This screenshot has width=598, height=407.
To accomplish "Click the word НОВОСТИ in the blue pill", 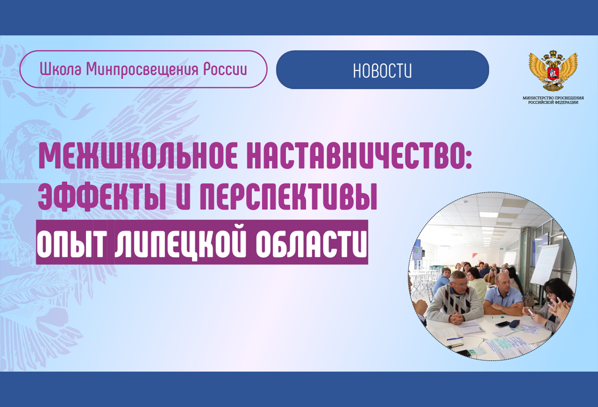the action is (382, 71).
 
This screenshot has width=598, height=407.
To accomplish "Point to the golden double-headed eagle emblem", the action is (553, 70).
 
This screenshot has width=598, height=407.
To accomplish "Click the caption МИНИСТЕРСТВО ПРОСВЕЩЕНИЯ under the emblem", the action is (553, 98).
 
